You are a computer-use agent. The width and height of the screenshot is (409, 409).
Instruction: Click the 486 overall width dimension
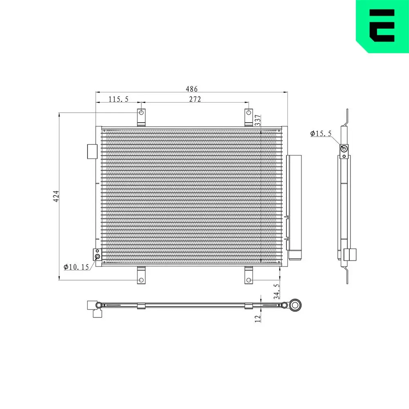tap(191, 89)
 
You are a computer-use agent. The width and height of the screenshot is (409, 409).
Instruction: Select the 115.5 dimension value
tap(119, 99)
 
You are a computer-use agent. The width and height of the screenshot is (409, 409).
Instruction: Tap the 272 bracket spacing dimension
tap(195, 99)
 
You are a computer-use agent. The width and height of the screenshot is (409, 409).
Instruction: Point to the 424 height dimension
tap(56, 196)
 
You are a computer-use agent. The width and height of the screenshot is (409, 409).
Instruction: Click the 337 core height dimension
tap(258, 120)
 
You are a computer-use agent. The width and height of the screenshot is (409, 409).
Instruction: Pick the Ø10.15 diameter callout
tap(76, 267)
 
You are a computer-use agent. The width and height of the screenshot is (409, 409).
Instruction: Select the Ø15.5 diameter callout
tap(321, 134)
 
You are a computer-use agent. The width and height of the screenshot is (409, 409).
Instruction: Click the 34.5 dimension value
tap(276, 291)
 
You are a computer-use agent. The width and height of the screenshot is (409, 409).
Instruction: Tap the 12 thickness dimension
tap(258, 319)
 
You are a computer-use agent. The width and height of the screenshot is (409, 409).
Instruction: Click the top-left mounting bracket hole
tap(142, 113)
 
